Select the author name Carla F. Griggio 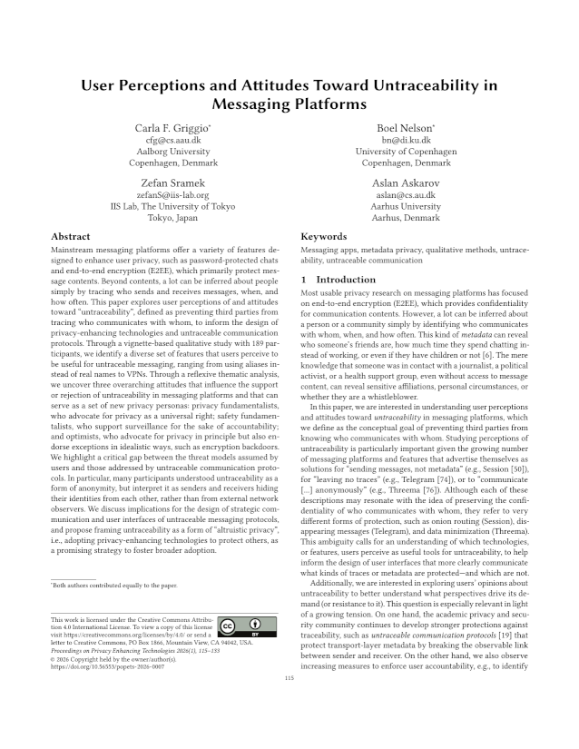coord(171,128)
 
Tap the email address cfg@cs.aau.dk coord(172,140)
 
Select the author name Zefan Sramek coord(172,182)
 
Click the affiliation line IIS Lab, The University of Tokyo coord(172,206)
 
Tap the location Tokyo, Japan coord(172,218)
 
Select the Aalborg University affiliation coord(172,152)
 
